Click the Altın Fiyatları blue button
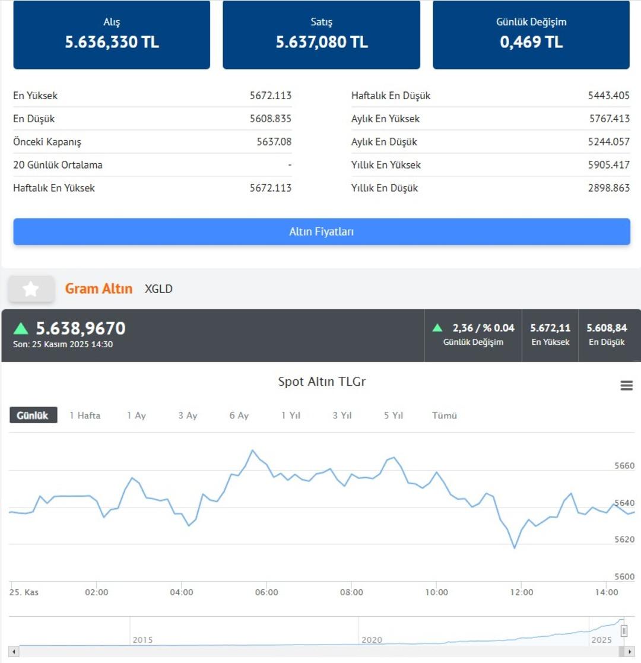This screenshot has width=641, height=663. [321, 231]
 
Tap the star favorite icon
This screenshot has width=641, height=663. [31, 289]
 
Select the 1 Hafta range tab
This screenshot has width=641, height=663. [85, 415]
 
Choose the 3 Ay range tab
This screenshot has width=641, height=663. [188, 415]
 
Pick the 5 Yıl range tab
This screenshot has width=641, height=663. [394, 415]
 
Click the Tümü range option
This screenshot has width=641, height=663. [445, 415]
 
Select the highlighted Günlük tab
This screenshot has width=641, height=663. [33, 415]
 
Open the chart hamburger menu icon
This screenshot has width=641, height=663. [626, 386]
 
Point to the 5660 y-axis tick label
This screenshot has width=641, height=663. [624, 466]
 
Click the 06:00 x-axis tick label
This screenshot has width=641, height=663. [266, 592]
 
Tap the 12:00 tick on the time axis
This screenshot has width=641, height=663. [522, 592]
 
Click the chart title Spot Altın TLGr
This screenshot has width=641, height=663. [322, 382]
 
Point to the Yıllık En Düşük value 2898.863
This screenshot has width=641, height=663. [609, 188]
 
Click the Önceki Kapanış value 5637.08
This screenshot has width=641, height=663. [274, 142]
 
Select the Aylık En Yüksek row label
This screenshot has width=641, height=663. [385, 119]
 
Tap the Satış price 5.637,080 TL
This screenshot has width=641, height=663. [322, 42]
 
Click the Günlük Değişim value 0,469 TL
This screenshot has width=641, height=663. [531, 42]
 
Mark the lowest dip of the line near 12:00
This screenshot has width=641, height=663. [514, 548]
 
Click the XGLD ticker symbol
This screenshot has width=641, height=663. [158, 289]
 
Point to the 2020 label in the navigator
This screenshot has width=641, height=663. [372, 640]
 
